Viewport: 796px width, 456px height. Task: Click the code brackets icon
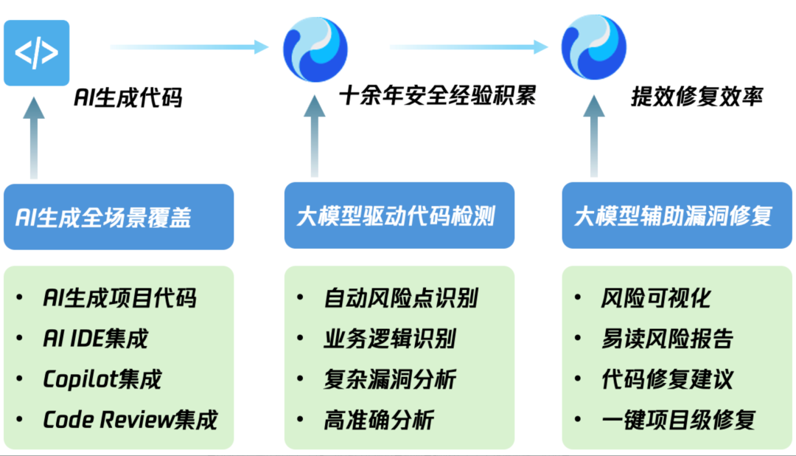(36, 53)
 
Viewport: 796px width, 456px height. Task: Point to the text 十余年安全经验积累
(438, 96)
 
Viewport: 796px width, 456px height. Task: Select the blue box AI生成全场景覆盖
(119, 217)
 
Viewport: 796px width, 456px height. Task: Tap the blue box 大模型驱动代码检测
(399, 216)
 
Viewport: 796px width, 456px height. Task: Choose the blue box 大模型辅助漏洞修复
(677, 216)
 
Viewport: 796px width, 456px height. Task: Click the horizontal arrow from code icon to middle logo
(189, 47)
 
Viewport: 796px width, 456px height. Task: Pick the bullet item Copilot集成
(102, 379)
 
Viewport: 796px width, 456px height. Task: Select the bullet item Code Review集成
(130, 420)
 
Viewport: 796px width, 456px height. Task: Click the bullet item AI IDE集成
(96, 339)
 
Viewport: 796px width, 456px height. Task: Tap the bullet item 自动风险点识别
(401, 298)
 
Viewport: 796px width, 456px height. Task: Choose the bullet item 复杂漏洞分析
(390, 379)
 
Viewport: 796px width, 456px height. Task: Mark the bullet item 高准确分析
(379, 421)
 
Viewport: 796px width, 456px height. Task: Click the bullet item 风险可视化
(656, 298)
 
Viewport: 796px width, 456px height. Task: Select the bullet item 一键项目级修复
(678, 421)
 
